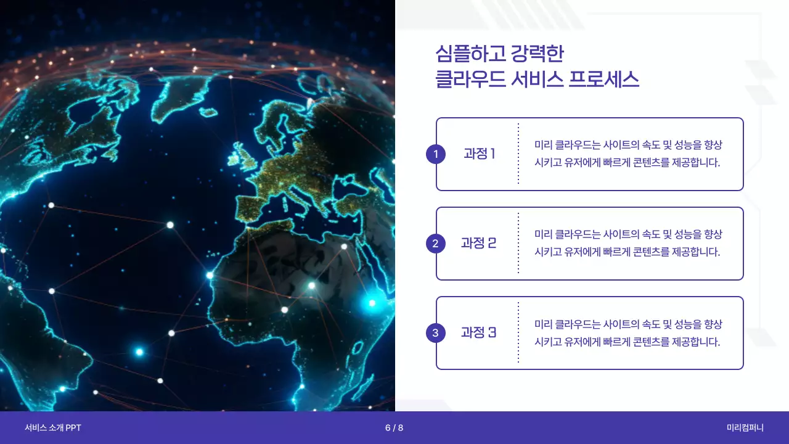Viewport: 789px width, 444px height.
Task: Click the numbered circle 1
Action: pos(435,154)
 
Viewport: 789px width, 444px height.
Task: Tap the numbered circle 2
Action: pos(435,244)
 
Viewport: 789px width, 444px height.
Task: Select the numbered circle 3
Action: pos(435,333)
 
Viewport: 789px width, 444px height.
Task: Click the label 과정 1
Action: pos(480,154)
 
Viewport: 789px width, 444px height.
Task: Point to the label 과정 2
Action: pos(478,244)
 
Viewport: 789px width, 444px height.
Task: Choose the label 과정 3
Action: pos(478,333)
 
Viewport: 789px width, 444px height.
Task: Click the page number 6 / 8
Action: pos(394,428)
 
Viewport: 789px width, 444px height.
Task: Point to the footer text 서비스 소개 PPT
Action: pos(53,428)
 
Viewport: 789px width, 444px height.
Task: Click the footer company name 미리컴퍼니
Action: pos(745,428)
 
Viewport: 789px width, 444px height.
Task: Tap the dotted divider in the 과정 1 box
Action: pos(518,154)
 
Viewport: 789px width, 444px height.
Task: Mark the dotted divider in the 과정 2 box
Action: pos(518,244)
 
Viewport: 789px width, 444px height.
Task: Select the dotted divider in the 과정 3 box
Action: pos(518,333)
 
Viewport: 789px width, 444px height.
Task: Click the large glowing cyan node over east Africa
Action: pos(372,303)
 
